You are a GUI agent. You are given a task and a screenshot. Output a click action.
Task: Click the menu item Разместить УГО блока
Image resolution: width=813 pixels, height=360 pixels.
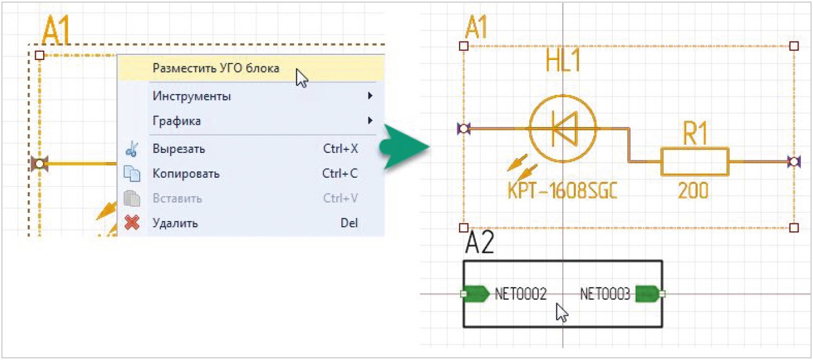point(216,69)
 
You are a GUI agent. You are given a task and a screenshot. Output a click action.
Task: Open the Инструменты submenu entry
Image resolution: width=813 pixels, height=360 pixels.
point(191,96)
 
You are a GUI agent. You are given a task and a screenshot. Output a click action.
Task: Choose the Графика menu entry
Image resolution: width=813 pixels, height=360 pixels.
point(176,122)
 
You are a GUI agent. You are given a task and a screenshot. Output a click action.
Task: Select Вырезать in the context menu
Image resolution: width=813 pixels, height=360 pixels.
point(179,149)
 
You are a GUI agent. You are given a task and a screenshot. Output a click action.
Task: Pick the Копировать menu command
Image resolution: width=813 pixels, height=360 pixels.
point(186,174)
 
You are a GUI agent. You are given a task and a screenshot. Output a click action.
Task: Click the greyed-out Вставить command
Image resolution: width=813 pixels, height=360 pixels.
point(177,198)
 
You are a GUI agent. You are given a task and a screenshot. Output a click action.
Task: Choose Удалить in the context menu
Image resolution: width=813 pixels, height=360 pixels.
point(175,223)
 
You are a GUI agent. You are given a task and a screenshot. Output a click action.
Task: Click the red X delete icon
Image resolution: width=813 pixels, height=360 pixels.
point(133,223)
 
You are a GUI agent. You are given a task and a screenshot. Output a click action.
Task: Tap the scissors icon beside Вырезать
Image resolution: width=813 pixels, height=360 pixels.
point(132,149)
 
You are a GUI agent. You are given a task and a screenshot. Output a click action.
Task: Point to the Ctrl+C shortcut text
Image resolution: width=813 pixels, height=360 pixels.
point(340,174)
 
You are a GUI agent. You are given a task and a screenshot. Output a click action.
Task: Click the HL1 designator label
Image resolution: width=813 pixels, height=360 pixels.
point(563,63)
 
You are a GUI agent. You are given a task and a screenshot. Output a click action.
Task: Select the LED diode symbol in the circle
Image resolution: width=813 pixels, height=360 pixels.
point(562,129)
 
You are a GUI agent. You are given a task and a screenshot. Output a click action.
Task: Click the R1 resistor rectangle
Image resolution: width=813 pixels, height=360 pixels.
point(695,162)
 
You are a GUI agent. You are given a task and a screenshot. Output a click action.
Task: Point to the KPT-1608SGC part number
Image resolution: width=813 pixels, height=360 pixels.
point(562,190)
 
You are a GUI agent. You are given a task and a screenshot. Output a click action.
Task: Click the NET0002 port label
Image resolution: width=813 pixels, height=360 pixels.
point(521,295)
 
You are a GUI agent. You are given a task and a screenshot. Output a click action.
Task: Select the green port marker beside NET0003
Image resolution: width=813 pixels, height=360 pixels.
point(647,294)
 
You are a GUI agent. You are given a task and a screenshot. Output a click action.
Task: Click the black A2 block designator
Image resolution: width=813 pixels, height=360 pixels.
point(479,245)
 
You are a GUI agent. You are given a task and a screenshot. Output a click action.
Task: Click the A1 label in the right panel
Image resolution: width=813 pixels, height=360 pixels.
point(476,28)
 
